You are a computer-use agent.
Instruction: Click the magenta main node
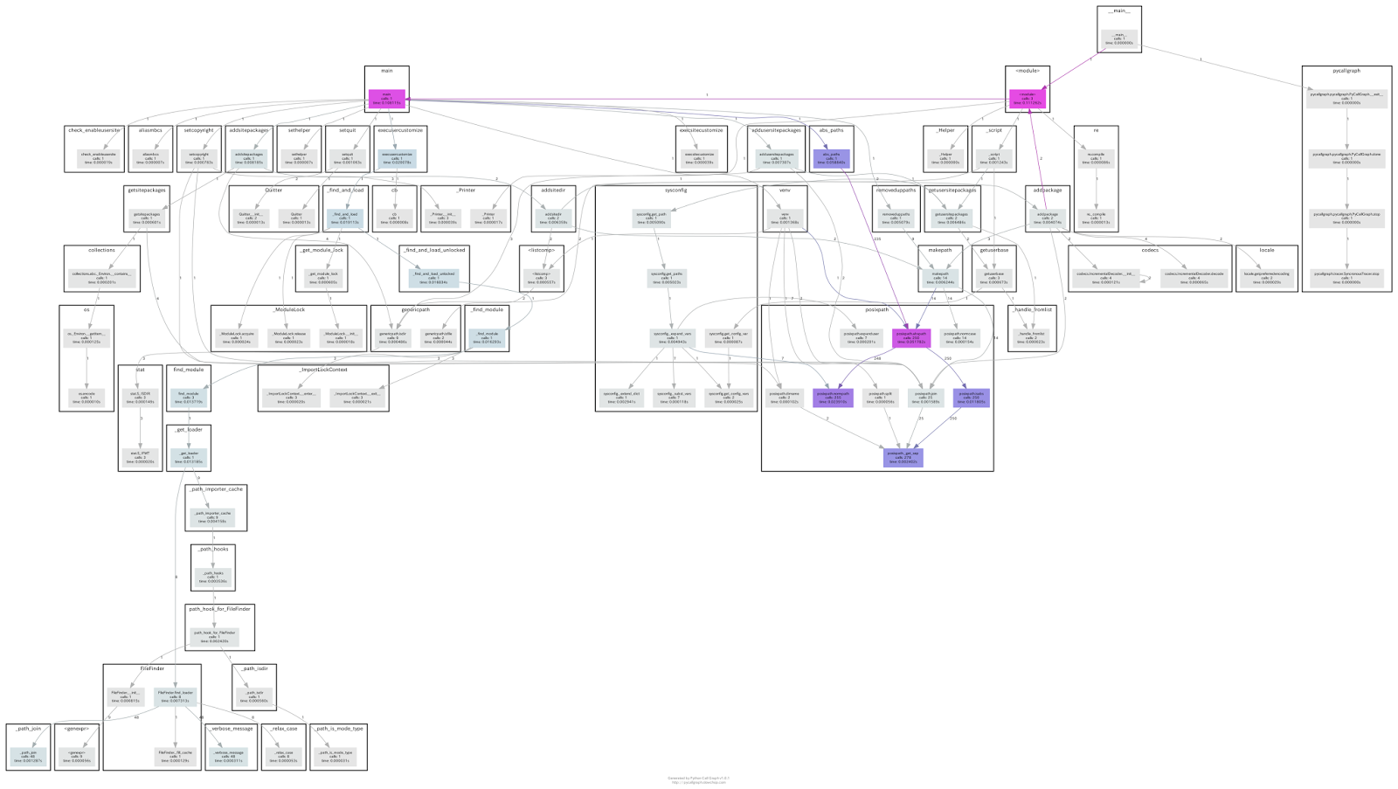coord(386,98)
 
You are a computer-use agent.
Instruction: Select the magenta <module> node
coord(1027,98)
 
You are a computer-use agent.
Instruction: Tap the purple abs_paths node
coord(831,158)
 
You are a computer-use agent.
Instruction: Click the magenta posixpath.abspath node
coord(911,337)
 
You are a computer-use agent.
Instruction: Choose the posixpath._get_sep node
coord(903,457)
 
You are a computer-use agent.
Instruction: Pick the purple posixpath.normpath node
coord(833,398)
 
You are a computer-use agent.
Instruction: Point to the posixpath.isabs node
coord(971,398)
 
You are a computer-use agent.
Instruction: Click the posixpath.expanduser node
coord(859,337)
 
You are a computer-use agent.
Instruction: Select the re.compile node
coord(1096,158)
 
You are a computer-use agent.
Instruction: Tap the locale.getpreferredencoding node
coord(1266,278)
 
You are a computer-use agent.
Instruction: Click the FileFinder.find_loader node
coord(176,696)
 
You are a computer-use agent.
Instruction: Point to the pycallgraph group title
coord(1346,71)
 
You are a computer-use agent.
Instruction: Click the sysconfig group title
coord(675,190)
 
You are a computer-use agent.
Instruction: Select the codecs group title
coord(1150,250)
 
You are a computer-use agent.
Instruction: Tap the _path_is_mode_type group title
coord(338,728)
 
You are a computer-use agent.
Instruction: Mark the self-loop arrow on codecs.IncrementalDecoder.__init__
coord(1146,279)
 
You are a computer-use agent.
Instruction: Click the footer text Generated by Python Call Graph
coord(699,777)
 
